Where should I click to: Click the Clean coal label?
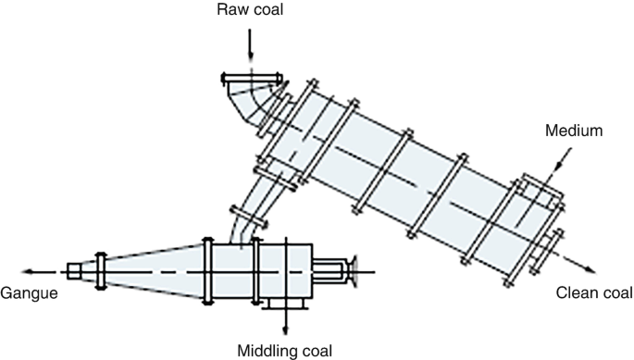[594, 293]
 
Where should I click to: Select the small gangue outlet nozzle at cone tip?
[76, 271]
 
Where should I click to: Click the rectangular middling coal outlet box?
[286, 304]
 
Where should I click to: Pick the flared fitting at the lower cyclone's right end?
[352, 270]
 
